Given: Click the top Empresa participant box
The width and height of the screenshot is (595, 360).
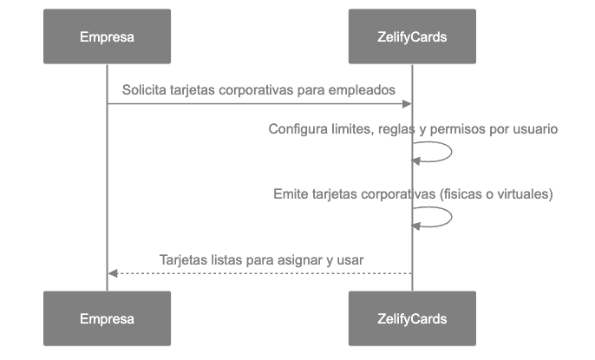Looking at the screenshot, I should [x=107, y=36].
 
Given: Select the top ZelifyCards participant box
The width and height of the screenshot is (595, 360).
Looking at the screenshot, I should [x=412, y=36].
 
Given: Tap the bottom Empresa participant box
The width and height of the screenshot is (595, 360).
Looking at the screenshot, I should [x=107, y=318].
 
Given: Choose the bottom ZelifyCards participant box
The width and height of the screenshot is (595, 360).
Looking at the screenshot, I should [x=412, y=318].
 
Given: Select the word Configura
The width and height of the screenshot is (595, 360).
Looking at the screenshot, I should [x=297, y=129].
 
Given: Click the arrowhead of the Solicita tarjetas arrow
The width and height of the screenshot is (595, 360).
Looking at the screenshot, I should [x=407, y=104].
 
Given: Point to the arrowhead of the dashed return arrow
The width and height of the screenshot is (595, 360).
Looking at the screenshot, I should [x=112, y=273].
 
